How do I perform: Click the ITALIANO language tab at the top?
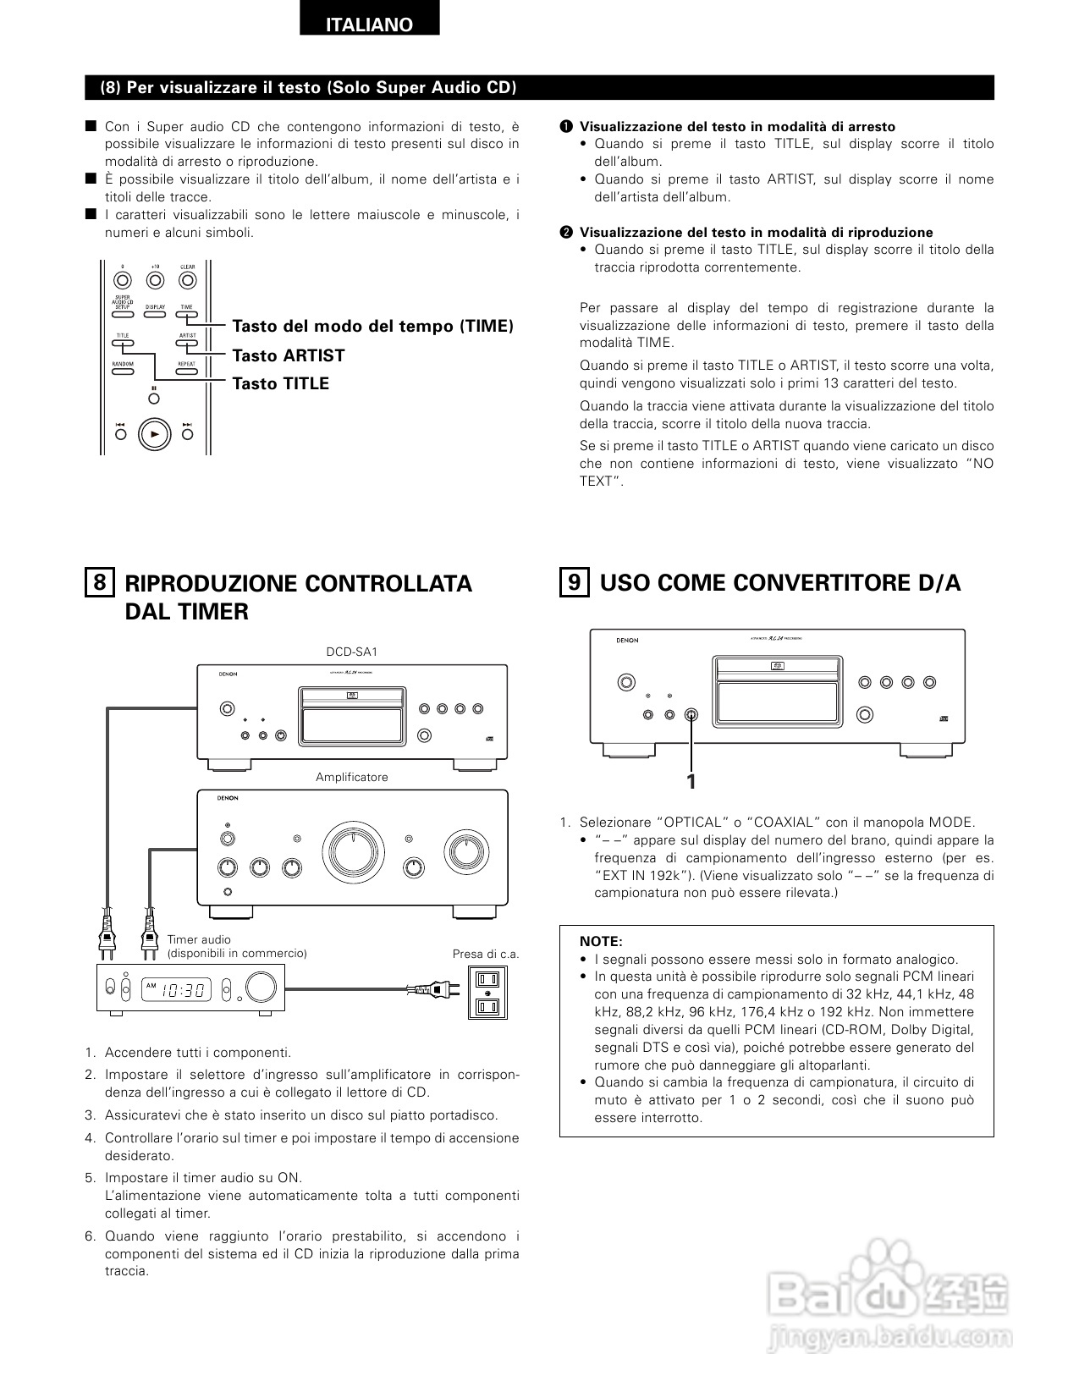tap(370, 25)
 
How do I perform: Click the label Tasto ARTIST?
tap(288, 355)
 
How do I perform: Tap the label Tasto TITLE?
tap(280, 384)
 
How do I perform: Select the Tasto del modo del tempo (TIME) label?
tap(372, 327)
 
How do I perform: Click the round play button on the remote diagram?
tap(154, 434)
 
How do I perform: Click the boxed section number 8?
tap(99, 583)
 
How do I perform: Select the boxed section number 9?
tap(575, 582)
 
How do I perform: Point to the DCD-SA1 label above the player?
tap(352, 652)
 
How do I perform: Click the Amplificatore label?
tap(352, 777)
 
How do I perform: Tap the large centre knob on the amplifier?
tap(352, 849)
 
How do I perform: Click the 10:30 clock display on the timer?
tap(184, 989)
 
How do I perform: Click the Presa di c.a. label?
tap(485, 954)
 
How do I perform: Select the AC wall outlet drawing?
tap(489, 993)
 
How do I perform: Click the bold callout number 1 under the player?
tap(691, 782)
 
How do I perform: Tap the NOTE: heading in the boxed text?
tap(601, 941)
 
